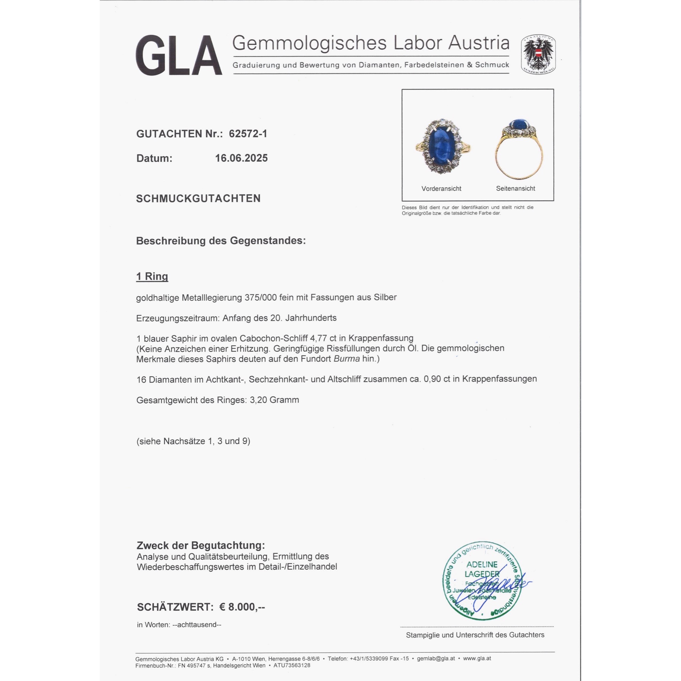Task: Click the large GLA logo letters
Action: coord(179,56)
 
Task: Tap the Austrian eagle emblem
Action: coord(538,54)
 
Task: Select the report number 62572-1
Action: coord(248,134)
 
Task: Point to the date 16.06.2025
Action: coord(241,158)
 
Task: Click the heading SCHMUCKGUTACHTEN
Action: coord(198,199)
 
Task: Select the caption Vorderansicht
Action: coord(441,189)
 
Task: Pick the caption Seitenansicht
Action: coord(515,189)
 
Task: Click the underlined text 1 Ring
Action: coord(152,276)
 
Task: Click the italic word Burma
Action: coord(347,359)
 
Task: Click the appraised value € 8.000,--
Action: coord(242,607)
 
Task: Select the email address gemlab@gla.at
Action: coord(436,659)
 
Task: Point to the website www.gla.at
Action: coord(477,659)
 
